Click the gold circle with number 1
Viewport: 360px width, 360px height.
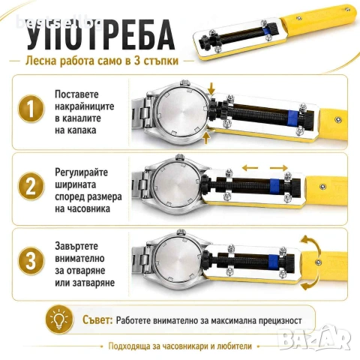(x=31, y=109)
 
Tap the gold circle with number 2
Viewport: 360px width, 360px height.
(x=31, y=186)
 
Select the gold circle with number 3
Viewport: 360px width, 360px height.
(x=31, y=260)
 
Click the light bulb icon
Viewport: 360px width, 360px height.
(x=59, y=319)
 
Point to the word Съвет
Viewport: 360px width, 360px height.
(x=97, y=319)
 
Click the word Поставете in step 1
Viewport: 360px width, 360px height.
(x=76, y=94)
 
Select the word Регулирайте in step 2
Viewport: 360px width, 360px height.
(x=82, y=172)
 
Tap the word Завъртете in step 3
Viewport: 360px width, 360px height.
(x=76, y=246)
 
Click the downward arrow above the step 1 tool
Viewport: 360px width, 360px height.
(x=211, y=88)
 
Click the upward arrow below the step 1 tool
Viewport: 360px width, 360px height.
(x=205, y=138)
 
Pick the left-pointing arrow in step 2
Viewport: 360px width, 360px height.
(x=250, y=168)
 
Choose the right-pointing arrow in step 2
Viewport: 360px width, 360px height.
(x=279, y=167)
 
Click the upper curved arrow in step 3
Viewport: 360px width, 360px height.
(x=312, y=243)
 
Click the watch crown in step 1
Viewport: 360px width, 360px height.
(x=184, y=82)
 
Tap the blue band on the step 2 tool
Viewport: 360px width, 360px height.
(x=275, y=186)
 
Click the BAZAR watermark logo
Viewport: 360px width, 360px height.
(x=314, y=337)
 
